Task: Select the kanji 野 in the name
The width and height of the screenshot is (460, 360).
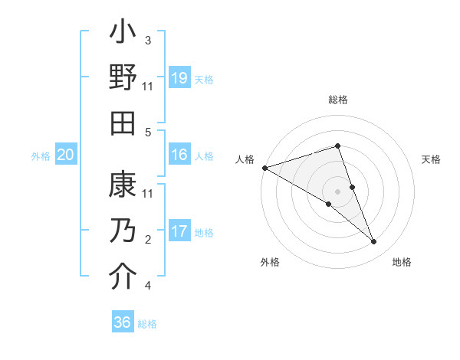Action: (x=123, y=78)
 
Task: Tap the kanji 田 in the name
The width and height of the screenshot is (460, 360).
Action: (x=123, y=123)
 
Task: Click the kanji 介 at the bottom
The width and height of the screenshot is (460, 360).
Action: (x=123, y=277)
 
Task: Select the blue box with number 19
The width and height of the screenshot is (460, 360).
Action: (x=179, y=78)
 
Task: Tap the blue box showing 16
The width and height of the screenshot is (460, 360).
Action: (x=179, y=155)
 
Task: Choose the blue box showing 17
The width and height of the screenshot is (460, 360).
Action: (x=179, y=231)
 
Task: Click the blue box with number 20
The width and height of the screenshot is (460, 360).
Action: (x=65, y=155)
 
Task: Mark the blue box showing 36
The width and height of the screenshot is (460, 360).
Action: (x=123, y=322)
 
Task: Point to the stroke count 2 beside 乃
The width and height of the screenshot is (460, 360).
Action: (x=148, y=240)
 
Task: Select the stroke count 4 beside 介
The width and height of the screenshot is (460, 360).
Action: (x=148, y=286)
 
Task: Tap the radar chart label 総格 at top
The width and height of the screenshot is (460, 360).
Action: (x=338, y=100)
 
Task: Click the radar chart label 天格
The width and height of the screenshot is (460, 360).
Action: (x=431, y=159)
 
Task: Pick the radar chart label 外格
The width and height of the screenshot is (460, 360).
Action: (x=270, y=262)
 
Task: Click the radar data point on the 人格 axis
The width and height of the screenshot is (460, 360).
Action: (x=264, y=167)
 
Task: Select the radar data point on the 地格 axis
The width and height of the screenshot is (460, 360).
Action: (x=374, y=241)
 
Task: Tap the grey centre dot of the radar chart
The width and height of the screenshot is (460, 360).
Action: (x=338, y=191)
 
